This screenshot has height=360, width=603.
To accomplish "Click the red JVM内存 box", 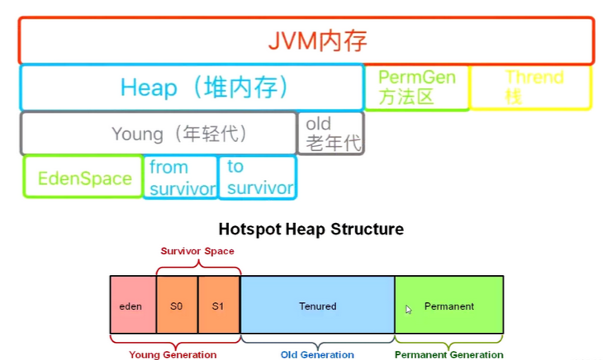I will [306, 40].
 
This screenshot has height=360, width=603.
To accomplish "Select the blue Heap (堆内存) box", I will [192, 88].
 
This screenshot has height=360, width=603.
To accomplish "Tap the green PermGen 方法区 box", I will [416, 88].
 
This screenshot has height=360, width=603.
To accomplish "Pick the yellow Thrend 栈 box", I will [530, 88].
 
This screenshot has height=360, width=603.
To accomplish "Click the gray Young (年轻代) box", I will [159, 134].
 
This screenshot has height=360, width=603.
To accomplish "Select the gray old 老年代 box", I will [331, 134].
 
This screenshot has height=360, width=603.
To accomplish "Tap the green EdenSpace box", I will [83, 178].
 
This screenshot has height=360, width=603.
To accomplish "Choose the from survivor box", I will [181, 178].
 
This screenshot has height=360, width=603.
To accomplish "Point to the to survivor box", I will [257, 178].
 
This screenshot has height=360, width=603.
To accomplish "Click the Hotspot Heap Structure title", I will [311, 229].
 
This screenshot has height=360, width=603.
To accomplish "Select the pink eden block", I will [132, 306].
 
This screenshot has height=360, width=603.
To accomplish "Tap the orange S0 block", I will [177, 306].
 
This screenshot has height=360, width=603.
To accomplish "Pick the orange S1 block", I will [219, 306].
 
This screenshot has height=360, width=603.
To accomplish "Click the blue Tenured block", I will [317, 306].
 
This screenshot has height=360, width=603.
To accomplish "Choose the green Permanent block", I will [449, 306].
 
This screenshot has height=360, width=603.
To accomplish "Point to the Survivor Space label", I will [197, 251].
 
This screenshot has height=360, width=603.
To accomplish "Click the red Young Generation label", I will [173, 355].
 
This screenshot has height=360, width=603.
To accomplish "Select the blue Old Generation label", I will [317, 355].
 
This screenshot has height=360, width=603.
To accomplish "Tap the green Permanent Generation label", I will [449, 355].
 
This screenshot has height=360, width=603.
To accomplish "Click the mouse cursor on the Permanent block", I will [408, 310].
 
